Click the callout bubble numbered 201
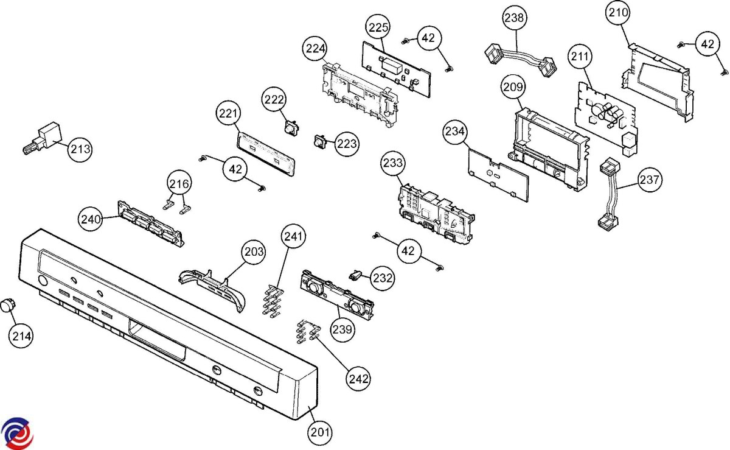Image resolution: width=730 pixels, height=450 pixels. click(x=320, y=433)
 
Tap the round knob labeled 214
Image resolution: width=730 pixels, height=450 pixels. click(x=7, y=306)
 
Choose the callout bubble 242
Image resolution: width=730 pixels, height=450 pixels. click(x=358, y=378)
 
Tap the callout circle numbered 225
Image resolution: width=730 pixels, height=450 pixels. click(x=378, y=27)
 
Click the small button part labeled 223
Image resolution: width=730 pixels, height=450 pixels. click(x=319, y=142)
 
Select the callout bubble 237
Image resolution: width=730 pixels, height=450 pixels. click(x=650, y=180)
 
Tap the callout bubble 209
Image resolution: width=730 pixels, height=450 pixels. click(x=513, y=88)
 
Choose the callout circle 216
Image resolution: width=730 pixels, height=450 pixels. click(x=180, y=183)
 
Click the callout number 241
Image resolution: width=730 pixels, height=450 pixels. click(x=294, y=236)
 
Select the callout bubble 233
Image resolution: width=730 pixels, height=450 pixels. click(x=393, y=164)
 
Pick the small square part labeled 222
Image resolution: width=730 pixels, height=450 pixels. click(x=292, y=126)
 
